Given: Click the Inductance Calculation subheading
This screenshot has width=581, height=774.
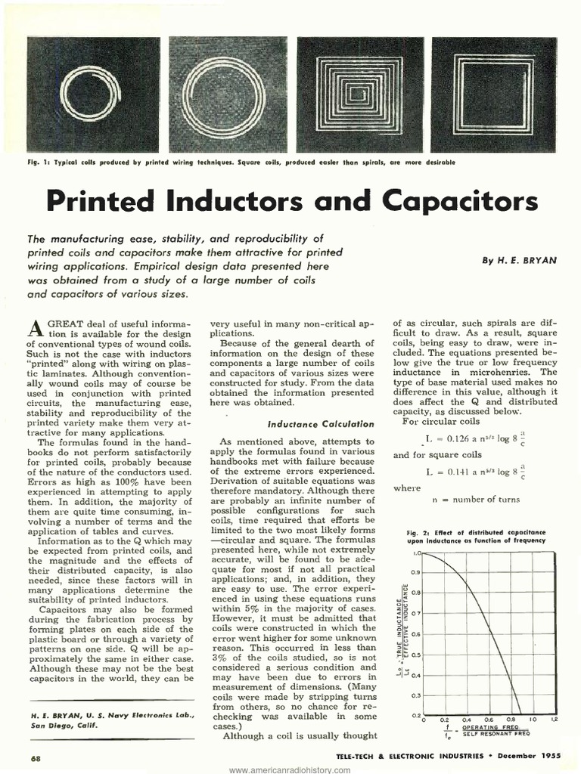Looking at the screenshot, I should pyautogui.click(x=321, y=424).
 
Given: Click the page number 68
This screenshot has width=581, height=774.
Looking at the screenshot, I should pyautogui.click(x=36, y=758).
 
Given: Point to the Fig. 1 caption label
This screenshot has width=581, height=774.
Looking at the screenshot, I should pyautogui.click(x=39, y=163).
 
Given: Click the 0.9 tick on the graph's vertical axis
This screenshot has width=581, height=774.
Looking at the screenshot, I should pyautogui.click(x=415, y=572).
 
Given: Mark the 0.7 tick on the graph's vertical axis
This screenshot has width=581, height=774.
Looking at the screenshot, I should pyautogui.click(x=415, y=613).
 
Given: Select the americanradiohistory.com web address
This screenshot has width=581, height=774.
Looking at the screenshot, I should pyautogui.click(x=290, y=769).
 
